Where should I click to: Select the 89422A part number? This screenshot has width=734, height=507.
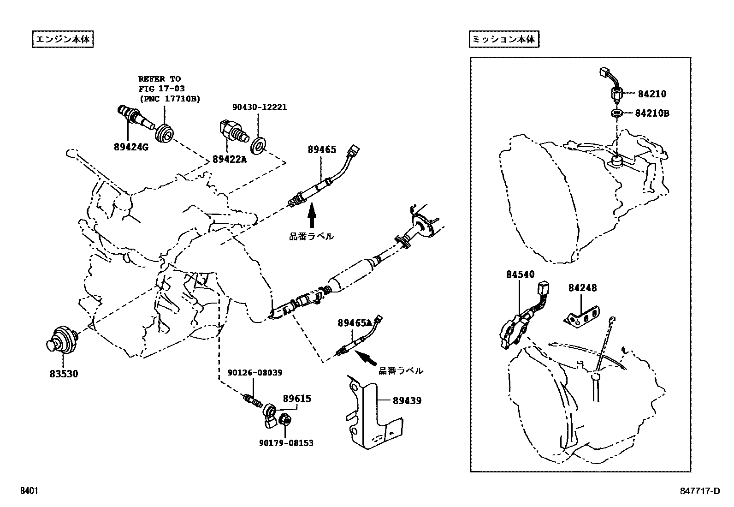click(230, 159)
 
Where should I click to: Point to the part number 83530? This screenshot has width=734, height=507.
click(64, 374)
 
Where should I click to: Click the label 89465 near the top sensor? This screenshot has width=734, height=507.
click(322, 149)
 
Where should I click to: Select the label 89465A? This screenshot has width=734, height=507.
click(355, 323)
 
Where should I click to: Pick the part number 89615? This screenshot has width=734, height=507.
click(297, 399)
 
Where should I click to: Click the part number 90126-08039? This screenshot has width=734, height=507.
click(255, 372)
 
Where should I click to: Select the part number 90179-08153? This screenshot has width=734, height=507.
click(286, 443)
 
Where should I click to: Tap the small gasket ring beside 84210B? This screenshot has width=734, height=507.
click(616, 113)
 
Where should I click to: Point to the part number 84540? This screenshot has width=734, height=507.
click(520, 274)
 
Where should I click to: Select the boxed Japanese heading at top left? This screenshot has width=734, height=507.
click(63, 40)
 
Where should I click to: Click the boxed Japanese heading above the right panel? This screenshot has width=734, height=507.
click(503, 40)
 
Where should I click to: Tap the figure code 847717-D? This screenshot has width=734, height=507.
click(699, 491)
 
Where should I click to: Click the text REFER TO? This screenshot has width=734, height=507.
click(160, 79)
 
